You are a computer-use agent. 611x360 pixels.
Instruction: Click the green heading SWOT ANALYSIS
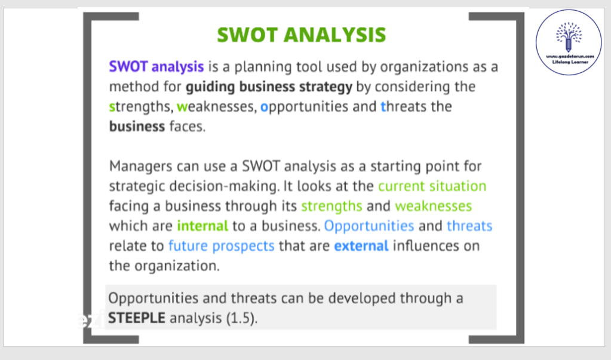[301, 35]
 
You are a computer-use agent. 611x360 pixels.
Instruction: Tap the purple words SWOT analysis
[156, 67]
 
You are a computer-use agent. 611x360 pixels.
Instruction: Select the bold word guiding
[210, 87]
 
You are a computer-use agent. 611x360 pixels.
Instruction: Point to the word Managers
[141, 167]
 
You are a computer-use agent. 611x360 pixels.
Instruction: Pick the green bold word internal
[202, 226]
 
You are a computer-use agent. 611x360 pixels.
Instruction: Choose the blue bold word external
[361, 246]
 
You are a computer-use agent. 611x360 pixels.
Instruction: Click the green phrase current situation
[432, 186]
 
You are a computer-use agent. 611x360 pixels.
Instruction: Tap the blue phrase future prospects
[222, 246]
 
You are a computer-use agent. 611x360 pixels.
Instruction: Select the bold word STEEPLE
[137, 318]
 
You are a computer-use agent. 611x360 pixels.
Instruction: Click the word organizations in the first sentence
[424, 67]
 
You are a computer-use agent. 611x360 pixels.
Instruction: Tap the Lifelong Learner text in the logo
[570, 62]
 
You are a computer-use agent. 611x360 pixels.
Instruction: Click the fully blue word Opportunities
[369, 226]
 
